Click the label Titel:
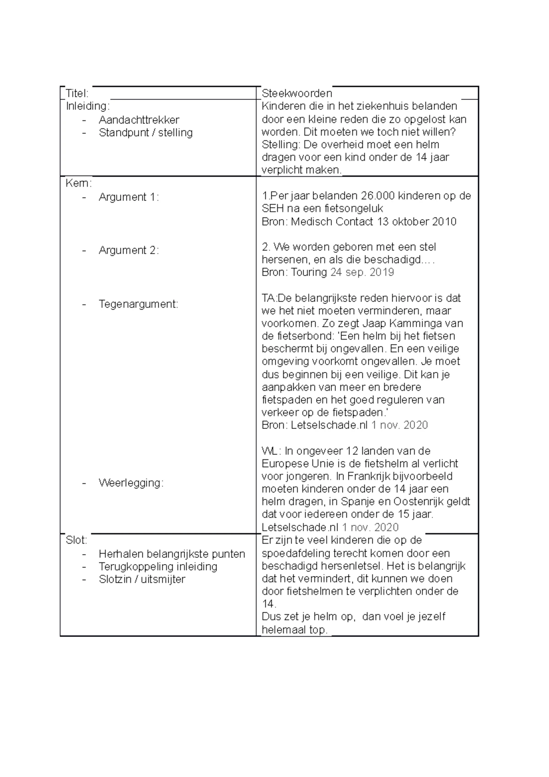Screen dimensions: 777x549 pyautogui.click(x=77, y=94)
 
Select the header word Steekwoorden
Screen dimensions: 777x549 pyautogui.click(x=296, y=94)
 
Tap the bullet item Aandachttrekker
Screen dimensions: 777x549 pyautogui.click(x=139, y=120)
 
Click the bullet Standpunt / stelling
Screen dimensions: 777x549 pyautogui.click(x=145, y=133)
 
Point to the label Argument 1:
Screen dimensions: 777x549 pyautogui.click(x=129, y=197)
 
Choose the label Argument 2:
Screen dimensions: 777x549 pyautogui.click(x=129, y=250)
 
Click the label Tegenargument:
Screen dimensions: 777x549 pyautogui.click(x=138, y=304)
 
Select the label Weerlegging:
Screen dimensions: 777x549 pyautogui.click(x=131, y=483)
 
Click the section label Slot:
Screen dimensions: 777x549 pyautogui.click(x=76, y=540)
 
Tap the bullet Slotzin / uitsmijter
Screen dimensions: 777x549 pyautogui.click(x=142, y=579)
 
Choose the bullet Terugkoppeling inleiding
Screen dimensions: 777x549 pyautogui.click(x=158, y=567)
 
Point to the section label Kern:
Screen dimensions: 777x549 pyautogui.click(x=78, y=183)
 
